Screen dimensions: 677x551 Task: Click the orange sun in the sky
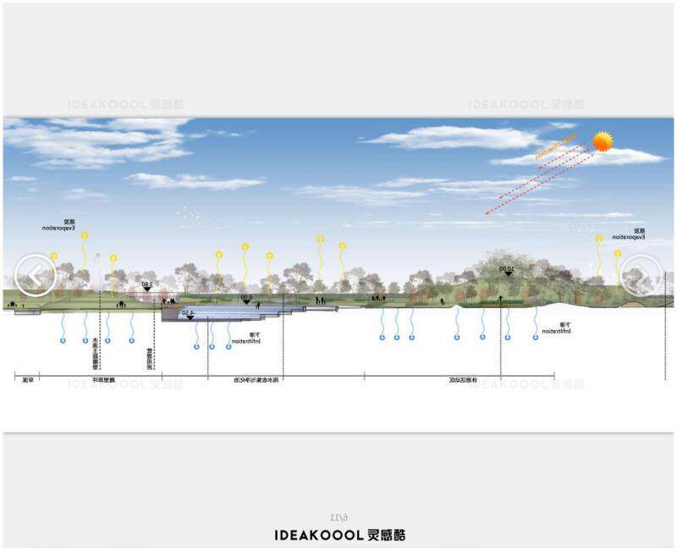click(x=603, y=141)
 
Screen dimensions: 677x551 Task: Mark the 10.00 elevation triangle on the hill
click(x=508, y=271)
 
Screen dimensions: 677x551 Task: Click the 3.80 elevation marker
click(x=146, y=286)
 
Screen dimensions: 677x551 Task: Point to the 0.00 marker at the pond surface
click(x=246, y=299)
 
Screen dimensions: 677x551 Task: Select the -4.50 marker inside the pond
click(x=189, y=315)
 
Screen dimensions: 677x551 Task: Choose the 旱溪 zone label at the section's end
click(x=28, y=380)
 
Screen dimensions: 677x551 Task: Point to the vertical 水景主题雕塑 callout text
click(x=96, y=351)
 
